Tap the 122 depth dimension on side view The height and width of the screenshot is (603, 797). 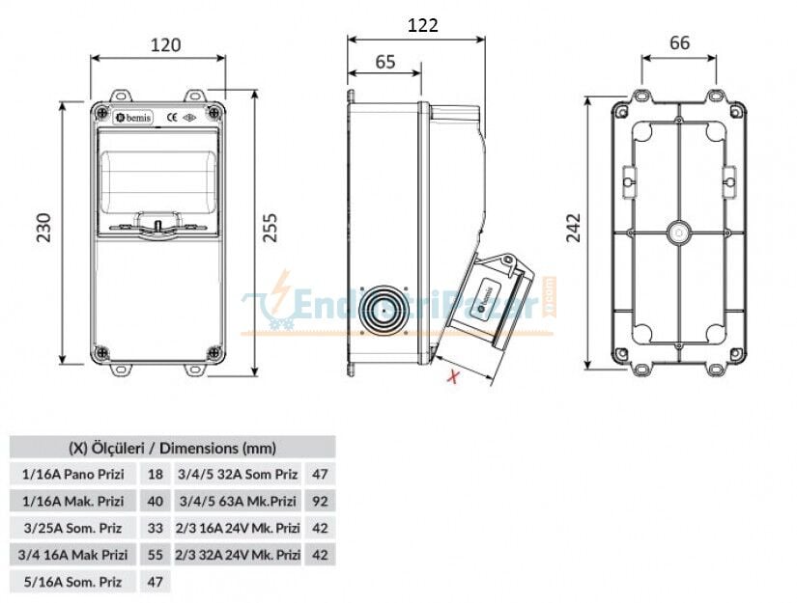421,25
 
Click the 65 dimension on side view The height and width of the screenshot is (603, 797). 384,62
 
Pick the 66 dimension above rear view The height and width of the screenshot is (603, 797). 679,42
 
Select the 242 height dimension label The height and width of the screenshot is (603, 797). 573,228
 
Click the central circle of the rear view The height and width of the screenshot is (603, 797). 679,233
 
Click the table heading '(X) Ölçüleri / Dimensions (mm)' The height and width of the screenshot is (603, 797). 172,448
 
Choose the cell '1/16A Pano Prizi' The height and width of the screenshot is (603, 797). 73,474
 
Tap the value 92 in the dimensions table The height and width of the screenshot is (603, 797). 321,501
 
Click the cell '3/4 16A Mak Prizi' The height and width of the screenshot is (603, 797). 73,555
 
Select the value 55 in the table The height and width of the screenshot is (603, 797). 155,555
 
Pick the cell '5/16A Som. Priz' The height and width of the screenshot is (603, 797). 73,581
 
